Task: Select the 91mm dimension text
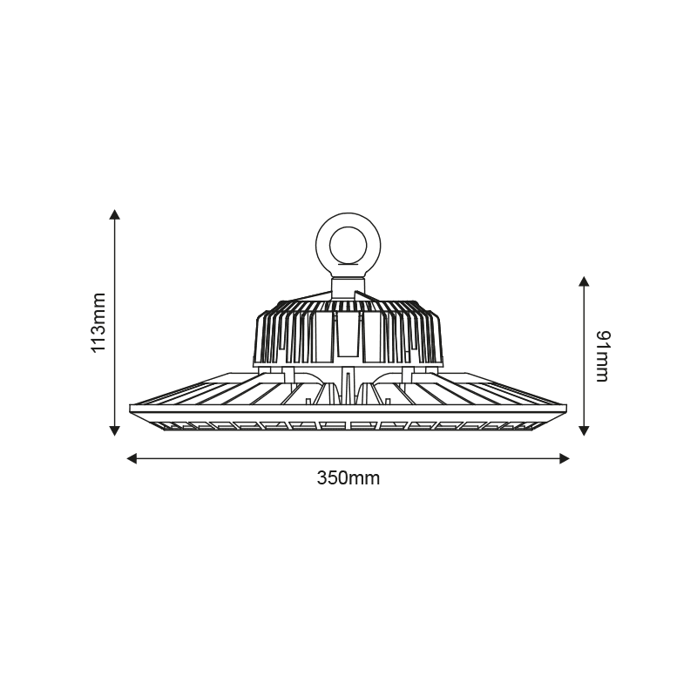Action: click(x=600, y=355)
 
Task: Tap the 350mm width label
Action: click(x=348, y=478)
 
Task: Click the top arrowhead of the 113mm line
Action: click(x=114, y=214)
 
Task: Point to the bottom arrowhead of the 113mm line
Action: click(x=114, y=429)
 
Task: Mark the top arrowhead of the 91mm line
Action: click(x=584, y=281)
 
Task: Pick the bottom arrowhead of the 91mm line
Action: click(x=584, y=429)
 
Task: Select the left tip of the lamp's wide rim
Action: click(x=132, y=409)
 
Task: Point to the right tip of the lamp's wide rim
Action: click(x=565, y=409)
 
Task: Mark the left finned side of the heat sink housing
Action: click(x=288, y=335)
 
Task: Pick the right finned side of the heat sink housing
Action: click(x=409, y=335)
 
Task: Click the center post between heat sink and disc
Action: click(x=348, y=383)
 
